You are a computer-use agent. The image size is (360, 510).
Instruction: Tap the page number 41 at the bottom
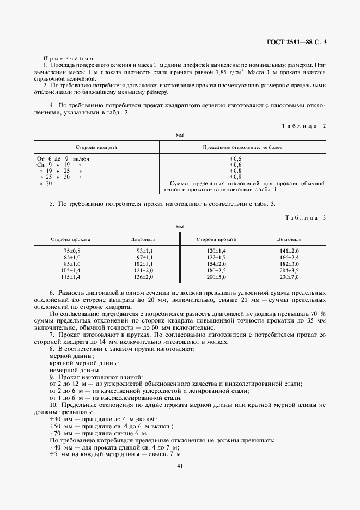tap(180, 466)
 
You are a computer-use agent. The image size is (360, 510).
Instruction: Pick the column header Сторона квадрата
tap(96, 147)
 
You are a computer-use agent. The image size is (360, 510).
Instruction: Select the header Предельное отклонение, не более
tap(243, 147)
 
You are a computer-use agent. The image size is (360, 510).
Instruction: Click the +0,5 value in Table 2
tap(235, 158)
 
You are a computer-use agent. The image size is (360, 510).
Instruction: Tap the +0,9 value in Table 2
tap(235, 177)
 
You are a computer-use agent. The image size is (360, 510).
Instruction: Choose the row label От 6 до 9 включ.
tap(63, 158)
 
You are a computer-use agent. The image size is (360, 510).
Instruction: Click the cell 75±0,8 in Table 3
tap(71, 250)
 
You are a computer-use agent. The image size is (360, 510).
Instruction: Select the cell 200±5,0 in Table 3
tap(216, 276)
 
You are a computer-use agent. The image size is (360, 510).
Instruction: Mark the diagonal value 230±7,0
tap(289, 276)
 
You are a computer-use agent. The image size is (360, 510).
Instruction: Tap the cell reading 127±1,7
tap(216, 257)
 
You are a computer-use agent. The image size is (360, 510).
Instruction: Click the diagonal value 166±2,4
tap(289, 257)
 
